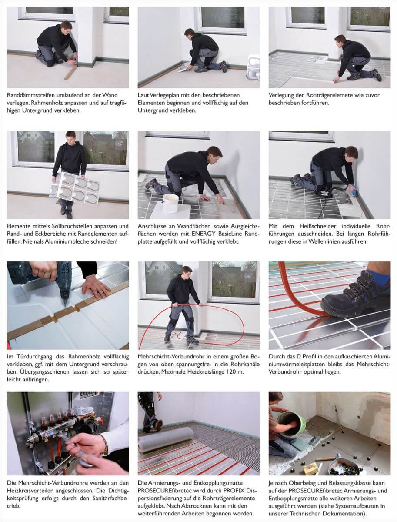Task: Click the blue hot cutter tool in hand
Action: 354,190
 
